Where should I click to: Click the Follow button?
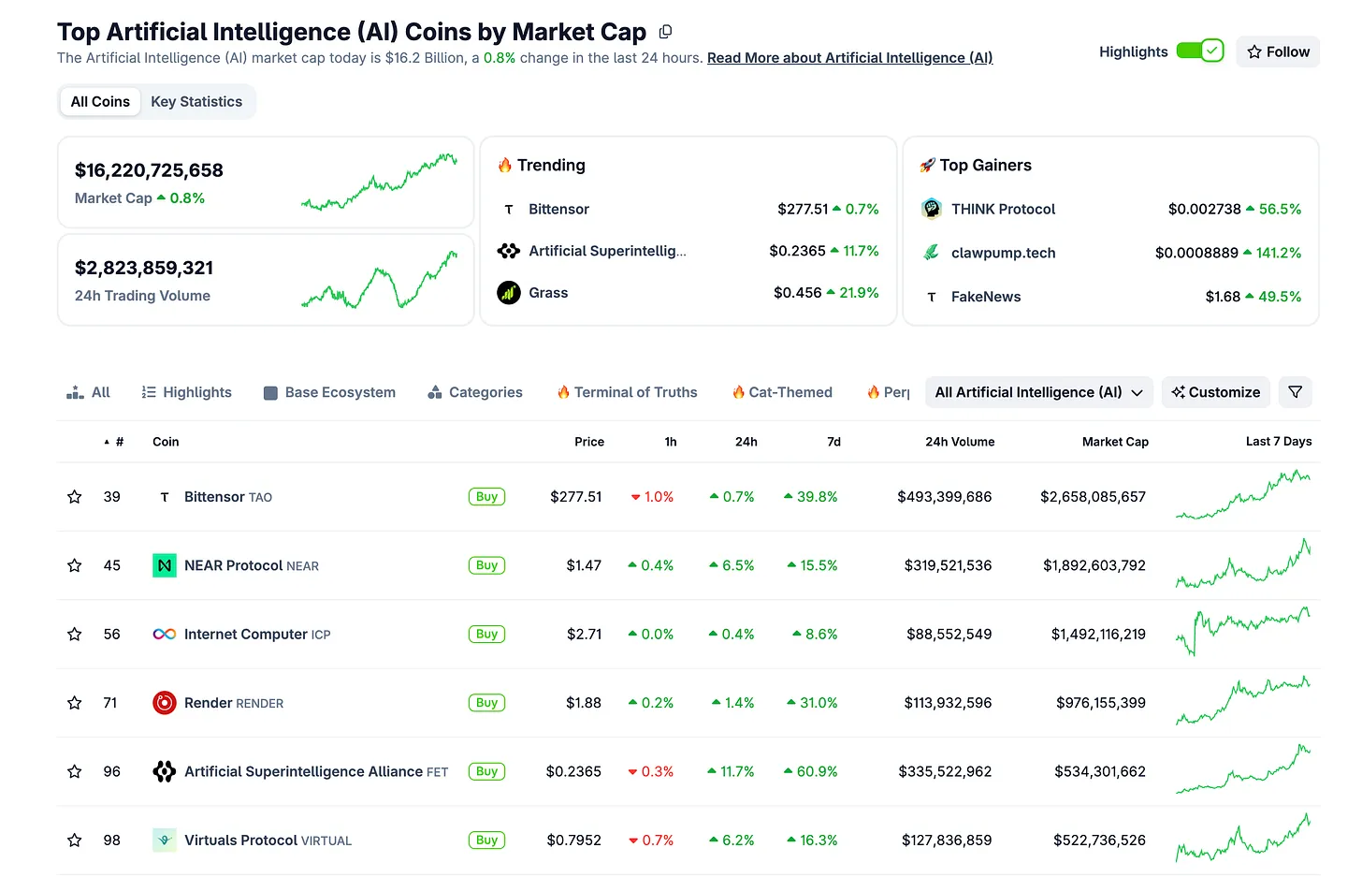tap(1278, 51)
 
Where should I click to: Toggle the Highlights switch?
tap(1199, 51)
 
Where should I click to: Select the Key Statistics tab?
tap(196, 101)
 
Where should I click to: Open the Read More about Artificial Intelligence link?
tap(849, 58)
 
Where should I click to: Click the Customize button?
tap(1215, 392)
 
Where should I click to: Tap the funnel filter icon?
tap(1295, 392)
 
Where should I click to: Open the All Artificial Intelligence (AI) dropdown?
tap(1038, 392)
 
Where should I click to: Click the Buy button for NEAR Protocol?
tap(486, 565)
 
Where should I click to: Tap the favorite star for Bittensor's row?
tap(75, 497)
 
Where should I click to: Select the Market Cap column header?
tap(1115, 442)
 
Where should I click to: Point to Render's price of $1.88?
tap(584, 703)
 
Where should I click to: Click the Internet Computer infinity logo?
tap(165, 635)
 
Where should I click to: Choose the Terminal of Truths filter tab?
tap(635, 392)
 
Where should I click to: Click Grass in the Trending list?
tap(548, 293)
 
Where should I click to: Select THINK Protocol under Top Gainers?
tap(1003, 209)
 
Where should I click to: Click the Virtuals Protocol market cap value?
tap(1099, 840)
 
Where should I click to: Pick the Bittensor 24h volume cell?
tap(944, 497)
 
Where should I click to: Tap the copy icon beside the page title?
tap(665, 32)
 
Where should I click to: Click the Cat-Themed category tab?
tap(790, 392)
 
